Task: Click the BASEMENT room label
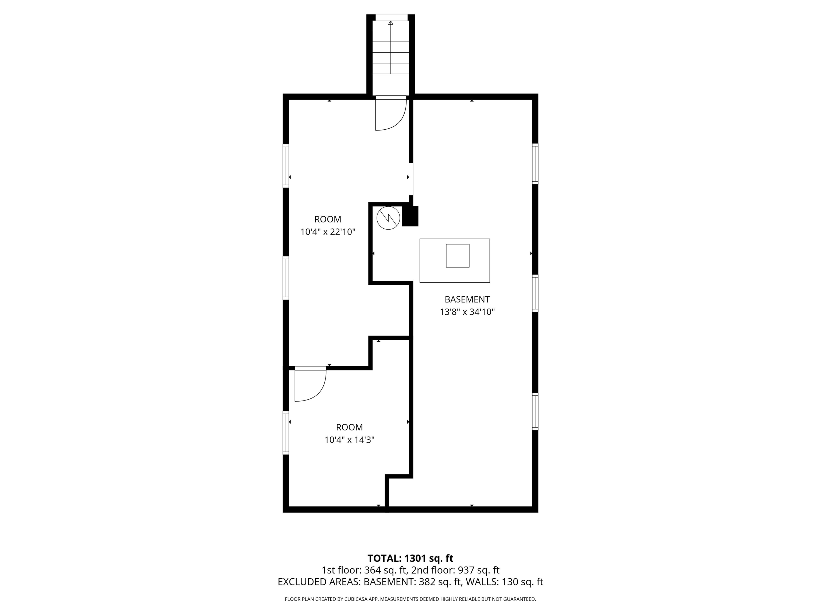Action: tap(467, 299)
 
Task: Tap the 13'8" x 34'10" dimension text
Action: tap(467, 312)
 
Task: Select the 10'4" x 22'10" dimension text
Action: tap(328, 232)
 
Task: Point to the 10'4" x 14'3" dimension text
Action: tap(349, 440)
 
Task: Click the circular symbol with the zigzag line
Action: tap(388, 218)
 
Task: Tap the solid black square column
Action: tap(410, 216)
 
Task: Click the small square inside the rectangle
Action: tap(458, 256)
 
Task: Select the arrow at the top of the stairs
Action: tap(390, 23)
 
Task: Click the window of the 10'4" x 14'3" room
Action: tap(286, 433)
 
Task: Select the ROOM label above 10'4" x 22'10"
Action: tap(328, 220)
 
